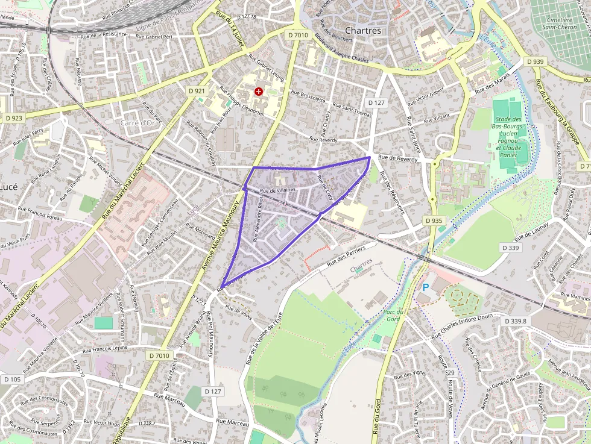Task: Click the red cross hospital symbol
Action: coord(259,91)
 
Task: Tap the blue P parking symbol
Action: coord(425,288)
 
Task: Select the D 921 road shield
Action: coord(197,91)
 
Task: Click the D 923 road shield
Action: coord(13,118)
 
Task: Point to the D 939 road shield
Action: coord(534,61)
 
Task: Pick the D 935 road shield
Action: coord(434,221)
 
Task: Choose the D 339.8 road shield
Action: coord(515,321)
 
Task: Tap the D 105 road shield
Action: coord(12,380)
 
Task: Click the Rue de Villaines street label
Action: coord(277,190)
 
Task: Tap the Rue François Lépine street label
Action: coord(105,348)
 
